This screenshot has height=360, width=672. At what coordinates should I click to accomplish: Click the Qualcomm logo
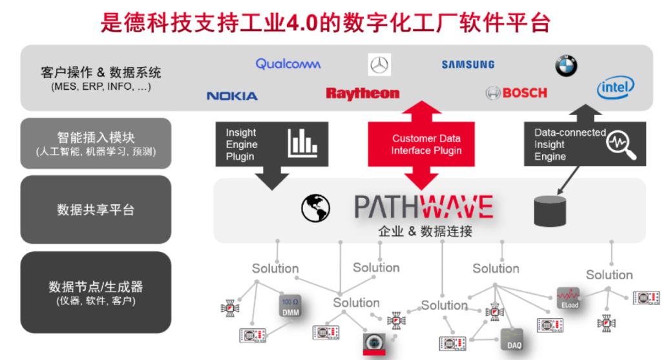pos(288,64)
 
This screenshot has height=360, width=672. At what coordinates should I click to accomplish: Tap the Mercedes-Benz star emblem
pos(379,65)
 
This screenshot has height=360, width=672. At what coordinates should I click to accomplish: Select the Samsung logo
pos(468,65)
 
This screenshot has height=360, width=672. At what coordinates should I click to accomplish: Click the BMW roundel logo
pos(566,65)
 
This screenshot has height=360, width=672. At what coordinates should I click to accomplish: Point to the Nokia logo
pos(232,96)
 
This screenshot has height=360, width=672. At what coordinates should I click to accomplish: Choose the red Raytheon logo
pos(362,94)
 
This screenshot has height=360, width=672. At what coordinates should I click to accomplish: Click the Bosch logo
pos(516,93)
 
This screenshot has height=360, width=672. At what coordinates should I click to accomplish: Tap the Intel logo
pos(615,89)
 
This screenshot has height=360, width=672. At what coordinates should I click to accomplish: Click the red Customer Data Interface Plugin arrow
pos(426,145)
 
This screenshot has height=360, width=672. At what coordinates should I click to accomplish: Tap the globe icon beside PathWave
pos(315,208)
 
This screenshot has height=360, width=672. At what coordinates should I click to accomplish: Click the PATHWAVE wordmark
pos(423,207)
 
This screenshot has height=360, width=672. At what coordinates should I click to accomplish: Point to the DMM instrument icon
pos(290,306)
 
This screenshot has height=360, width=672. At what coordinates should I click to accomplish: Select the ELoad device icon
pos(568,297)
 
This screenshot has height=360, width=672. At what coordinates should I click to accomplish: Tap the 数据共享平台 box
pos(96,209)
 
